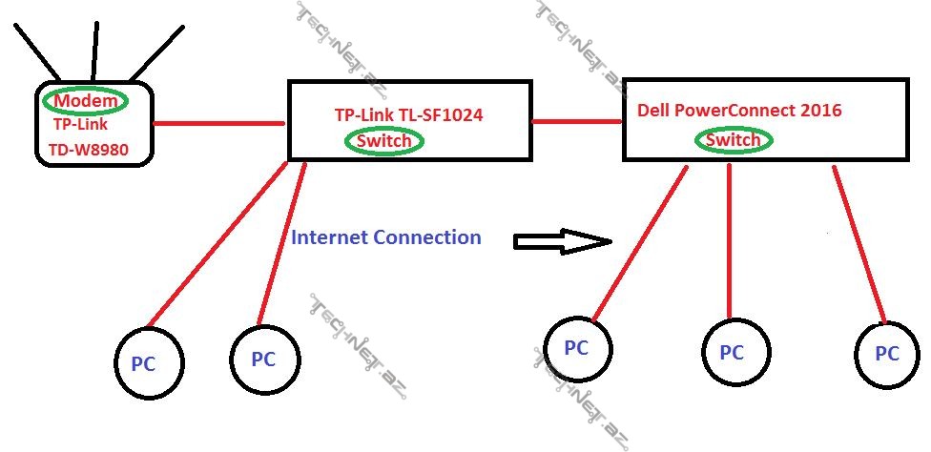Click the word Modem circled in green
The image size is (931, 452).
coord(87,100)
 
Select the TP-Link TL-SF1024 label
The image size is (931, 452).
coord(408,115)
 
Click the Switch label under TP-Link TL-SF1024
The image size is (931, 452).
coord(383,141)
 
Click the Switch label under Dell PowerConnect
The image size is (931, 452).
coord(733,140)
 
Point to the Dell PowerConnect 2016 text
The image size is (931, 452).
coord(739,111)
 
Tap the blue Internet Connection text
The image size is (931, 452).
coord(385,236)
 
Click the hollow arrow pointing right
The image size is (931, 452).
coord(561,241)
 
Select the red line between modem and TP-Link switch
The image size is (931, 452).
coord(218,123)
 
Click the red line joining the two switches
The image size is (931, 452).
coord(577,121)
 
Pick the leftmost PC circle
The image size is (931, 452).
coord(149,362)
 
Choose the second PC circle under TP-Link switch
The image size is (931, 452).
coord(264,359)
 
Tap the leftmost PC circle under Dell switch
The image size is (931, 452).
coord(577,348)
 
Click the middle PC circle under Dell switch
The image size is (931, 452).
coord(732,352)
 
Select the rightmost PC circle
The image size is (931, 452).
coord(887,353)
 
